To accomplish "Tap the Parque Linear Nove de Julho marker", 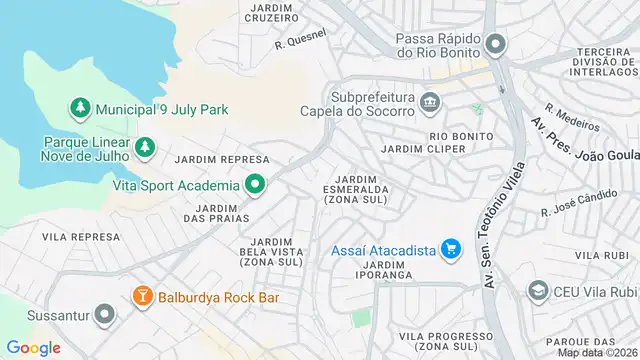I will pyautogui.click(x=146, y=147).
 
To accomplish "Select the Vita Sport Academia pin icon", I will pyautogui.click(x=255, y=185).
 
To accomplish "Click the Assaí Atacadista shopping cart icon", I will pyautogui.click(x=451, y=248).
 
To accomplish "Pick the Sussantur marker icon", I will pyautogui.click(x=102, y=315).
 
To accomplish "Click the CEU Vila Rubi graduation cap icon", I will pyautogui.click(x=538, y=291).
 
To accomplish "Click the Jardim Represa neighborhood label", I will pyautogui.click(x=222, y=159).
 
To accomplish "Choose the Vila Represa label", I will pyautogui.click(x=81, y=237).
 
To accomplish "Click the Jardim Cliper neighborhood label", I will pyautogui.click(x=423, y=149).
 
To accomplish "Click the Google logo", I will pyautogui.click(x=34, y=347).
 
